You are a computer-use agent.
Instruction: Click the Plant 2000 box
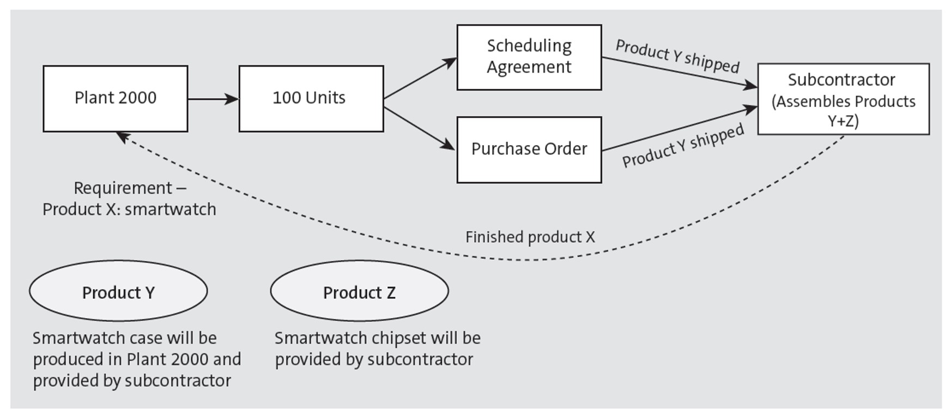116,99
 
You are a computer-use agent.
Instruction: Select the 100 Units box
311,99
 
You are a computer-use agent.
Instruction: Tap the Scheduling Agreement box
529,57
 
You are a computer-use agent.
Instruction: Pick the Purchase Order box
529,149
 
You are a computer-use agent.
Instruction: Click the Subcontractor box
843,99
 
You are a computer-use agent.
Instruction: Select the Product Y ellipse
118,291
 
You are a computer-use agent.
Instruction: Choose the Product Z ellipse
359,291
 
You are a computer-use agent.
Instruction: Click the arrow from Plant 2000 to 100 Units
213,99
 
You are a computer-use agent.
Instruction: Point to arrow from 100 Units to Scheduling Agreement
420,78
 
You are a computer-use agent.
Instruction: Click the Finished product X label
530,237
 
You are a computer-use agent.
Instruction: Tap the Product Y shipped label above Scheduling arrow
677,56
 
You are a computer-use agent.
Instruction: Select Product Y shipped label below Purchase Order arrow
683,146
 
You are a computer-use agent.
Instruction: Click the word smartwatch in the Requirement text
170,209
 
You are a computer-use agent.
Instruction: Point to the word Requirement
123,188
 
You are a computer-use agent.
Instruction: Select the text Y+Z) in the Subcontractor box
843,121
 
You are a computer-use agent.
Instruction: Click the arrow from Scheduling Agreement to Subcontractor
679,71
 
